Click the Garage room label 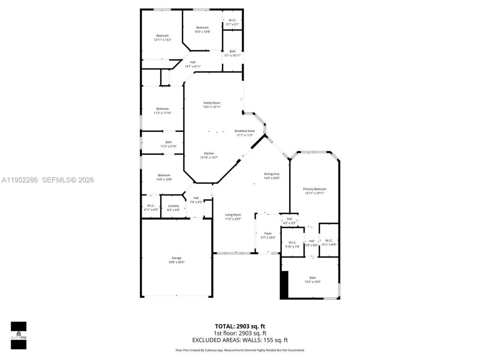[x=176, y=258]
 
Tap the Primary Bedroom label [x=314, y=189]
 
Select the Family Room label [x=212, y=103]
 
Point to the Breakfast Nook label [x=244, y=131]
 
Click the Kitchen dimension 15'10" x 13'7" [x=209, y=157]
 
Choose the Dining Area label [x=271, y=174]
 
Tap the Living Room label [x=233, y=215]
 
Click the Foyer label [x=268, y=233]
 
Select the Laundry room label [x=173, y=206]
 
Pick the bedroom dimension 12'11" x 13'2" [x=162, y=40]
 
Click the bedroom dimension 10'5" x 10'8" [x=202, y=32]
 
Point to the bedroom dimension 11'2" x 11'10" [x=162, y=113]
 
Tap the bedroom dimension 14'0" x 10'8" [x=164, y=180]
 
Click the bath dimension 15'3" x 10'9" [x=312, y=282]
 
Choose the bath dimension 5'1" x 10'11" [x=232, y=55]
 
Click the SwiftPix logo [x=18, y=335]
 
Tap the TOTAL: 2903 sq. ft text [x=240, y=326]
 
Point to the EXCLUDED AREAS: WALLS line [x=240, y=340]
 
